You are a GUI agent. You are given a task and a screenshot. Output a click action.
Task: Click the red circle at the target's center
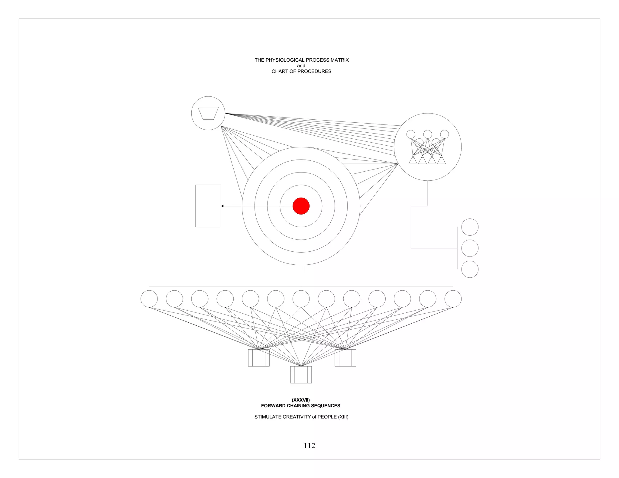pos(301,206)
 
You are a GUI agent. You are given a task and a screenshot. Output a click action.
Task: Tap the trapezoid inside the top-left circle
pos(208,113)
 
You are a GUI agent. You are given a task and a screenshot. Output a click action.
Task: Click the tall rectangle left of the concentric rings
pos(208,206)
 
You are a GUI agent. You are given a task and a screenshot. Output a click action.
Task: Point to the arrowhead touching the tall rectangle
pos(222,206)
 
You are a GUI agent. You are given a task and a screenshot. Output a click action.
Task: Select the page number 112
pos(309,445)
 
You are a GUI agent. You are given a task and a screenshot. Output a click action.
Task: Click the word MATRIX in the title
pos(339,60)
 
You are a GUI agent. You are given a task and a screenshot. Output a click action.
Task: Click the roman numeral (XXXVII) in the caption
pos(301,400)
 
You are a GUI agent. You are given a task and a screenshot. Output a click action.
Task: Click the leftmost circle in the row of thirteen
pos(149,299)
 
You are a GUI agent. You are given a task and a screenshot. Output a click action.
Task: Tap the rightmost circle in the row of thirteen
pos(453,299)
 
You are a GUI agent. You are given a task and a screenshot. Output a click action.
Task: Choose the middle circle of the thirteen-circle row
pos(301,299)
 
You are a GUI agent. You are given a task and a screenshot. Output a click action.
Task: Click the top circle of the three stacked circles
pos(470,227)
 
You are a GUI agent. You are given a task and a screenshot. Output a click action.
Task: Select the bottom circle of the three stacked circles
pos(470,269)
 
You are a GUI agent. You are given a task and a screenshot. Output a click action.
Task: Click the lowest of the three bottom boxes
pos(301,375)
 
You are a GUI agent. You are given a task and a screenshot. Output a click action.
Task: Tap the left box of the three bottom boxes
pos(259,358)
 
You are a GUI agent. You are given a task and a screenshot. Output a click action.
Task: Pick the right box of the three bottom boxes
pos(345,358)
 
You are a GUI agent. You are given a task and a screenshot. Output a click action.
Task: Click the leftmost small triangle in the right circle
pos(413,160)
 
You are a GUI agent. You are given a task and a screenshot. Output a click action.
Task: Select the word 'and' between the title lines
pos(301,66)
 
